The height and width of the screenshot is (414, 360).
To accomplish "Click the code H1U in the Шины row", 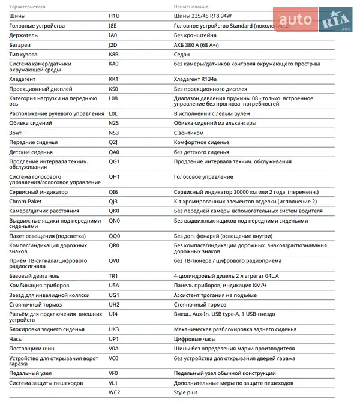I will coord(114,16).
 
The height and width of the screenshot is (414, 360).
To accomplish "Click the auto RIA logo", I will coord(323,22).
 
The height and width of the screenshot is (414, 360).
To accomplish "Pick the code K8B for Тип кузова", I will coord(114,54).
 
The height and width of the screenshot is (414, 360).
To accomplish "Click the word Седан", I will coord(183,54).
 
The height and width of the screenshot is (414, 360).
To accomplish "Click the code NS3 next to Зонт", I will coord(114,133).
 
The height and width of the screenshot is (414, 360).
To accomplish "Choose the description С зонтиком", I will coord(189,133).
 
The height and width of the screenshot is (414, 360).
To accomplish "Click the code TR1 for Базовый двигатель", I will coord(113,275).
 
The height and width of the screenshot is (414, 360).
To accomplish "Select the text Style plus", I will coord(186,392).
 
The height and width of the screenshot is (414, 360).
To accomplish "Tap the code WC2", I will coord(115,392).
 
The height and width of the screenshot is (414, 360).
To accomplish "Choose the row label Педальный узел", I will coord(30,373).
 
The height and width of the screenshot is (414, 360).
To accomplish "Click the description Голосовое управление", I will coord(203,177).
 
